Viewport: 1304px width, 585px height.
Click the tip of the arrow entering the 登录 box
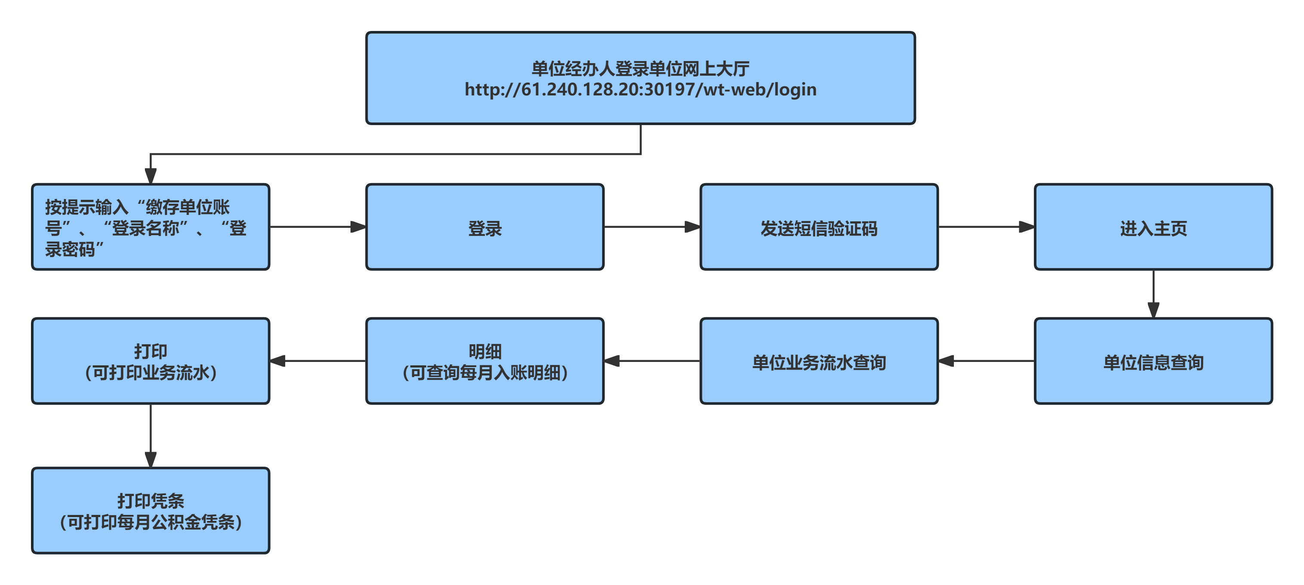[x=366, y=227]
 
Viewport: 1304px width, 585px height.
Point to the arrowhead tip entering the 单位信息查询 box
[x=1153, y=318]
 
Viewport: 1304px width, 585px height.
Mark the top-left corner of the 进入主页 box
[x=1035, y=185]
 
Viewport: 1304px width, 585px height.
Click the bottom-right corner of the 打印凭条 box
[x=269, y=553]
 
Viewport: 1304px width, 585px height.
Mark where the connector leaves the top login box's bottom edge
[x=641, y=124]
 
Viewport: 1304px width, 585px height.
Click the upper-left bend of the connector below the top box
[x=151, y=154]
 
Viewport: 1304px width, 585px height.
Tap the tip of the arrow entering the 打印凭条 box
[x=151, y=468]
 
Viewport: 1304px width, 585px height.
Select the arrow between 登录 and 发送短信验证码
[x=652, y=227]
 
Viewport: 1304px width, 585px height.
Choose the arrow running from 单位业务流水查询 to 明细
[x=652, y=361]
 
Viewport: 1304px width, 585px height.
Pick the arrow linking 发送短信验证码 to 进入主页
[x=986, y=227]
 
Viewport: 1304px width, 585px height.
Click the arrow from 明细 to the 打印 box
[x=318, y=361]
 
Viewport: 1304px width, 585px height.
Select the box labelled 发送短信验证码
[x=819, y=227]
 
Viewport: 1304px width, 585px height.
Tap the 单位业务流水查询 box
[x=819, y=361]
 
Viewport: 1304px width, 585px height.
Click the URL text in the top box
[x=640, y=89]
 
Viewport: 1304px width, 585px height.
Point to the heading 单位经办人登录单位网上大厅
[x=640, y=68]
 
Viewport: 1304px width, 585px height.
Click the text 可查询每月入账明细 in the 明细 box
[x=485, y=373]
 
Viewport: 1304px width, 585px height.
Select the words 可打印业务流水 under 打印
[x=151, y=373]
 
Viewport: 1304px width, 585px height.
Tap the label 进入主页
[x=1153, y=228]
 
